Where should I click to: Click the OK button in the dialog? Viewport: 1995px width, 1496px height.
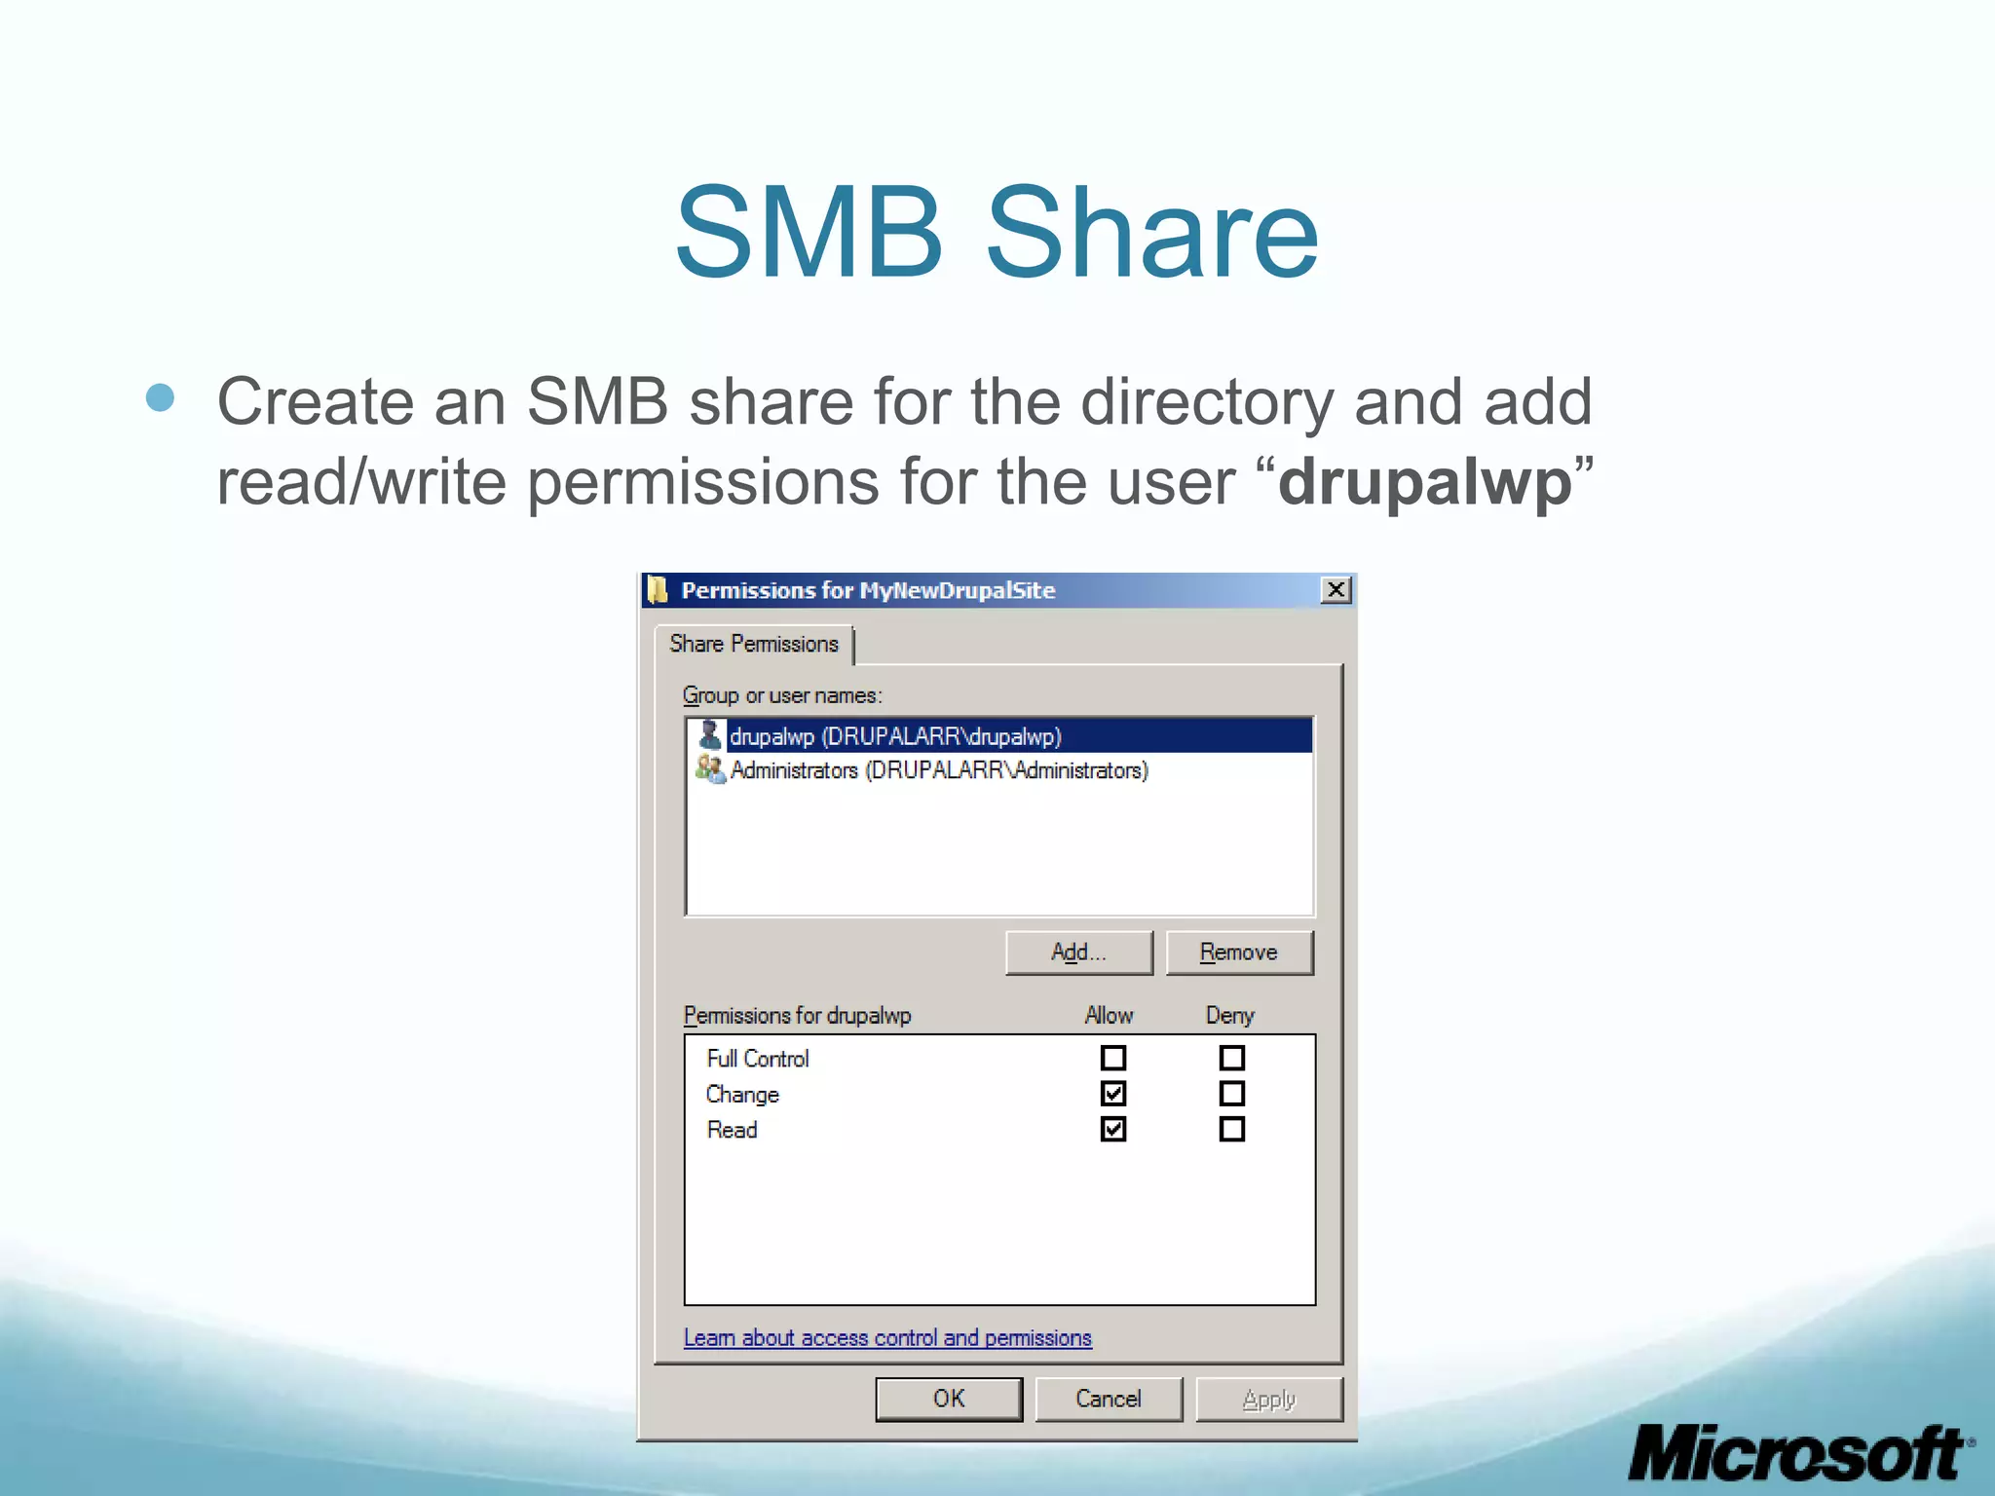coord(949,1400)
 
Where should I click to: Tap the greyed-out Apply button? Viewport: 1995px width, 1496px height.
coord(1268,1400)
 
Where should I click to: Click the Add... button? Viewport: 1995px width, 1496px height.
coord(1078,953)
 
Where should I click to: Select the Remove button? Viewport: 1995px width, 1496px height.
coord(1239,953)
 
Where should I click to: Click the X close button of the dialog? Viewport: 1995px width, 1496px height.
coord(1336,590)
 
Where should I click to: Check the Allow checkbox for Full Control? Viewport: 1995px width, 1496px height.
coord(1113,1058)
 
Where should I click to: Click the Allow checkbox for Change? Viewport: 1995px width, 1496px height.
coord(1113,1094)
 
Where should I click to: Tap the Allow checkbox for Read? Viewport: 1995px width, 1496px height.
coord(1113,1129)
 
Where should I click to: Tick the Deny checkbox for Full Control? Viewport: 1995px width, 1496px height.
coord(1232,1058)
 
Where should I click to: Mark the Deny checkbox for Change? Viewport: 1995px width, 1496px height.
coord(1232,1094)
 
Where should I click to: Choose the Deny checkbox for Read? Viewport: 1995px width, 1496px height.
coord(1232,1129)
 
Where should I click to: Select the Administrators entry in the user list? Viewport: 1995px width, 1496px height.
coord(938,770)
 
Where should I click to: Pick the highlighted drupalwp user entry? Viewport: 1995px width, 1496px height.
coord(894,736)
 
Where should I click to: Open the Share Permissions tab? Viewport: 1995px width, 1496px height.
coord(754,644)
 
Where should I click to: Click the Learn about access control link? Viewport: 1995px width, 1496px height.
coord(887,1338)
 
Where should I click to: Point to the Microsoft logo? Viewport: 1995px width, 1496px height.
coord(1798,1453)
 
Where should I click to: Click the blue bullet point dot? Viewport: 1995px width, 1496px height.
coord(161,397)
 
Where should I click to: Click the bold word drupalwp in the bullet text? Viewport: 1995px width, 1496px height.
coord(1424,482)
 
